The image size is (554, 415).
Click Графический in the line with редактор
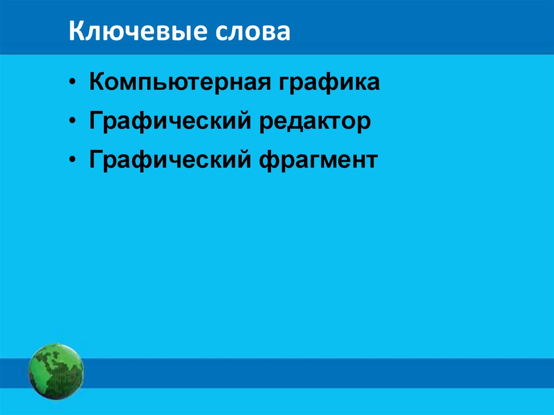[x=170, y=122]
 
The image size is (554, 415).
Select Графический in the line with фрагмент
[x=170, y=160]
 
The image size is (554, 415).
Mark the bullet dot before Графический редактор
[x=73, y=122]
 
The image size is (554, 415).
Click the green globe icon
[x=56, y=371]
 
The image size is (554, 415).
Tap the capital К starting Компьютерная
[x=97, y=83]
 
